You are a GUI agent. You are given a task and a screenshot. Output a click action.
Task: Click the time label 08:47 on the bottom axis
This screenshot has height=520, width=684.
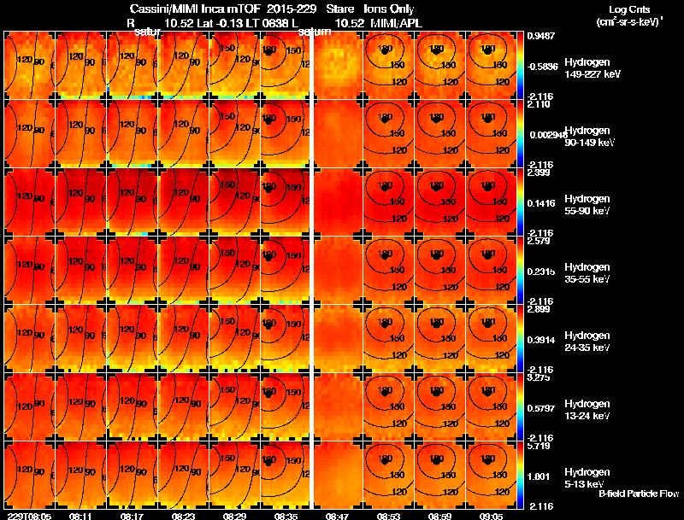(337, 516)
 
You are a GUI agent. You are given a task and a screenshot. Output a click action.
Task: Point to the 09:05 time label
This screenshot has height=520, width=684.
(491, 516)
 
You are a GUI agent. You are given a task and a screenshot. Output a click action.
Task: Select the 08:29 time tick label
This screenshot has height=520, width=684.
(234, 516)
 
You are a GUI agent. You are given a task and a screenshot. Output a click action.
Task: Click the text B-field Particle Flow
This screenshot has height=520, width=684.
(638, 494)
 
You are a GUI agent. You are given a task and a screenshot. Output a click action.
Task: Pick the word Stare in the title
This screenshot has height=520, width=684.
(340, 9)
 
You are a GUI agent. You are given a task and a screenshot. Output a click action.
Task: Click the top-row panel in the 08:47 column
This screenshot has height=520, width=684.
(337, 65)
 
